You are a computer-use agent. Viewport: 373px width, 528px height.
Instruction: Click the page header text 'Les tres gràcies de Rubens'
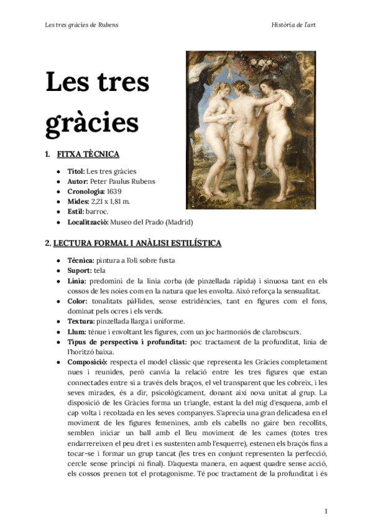[82, 25]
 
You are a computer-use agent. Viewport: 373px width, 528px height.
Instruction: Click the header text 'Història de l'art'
[297, 25]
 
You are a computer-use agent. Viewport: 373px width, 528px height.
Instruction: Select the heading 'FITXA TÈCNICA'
[88, 154]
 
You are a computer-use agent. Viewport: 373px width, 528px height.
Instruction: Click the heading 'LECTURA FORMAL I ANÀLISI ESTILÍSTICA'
[137, 242]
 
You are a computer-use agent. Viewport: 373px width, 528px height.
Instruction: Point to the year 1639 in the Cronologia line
[114, 191]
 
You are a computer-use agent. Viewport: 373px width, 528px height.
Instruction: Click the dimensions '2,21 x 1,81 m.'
[112, 201]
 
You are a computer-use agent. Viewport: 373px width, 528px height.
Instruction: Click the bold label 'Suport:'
[80, 271]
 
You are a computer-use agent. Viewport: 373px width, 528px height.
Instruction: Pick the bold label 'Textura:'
[81, 321]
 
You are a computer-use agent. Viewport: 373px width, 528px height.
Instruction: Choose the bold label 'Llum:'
[77, 332]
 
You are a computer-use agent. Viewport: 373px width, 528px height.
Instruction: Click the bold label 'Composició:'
[87, 362]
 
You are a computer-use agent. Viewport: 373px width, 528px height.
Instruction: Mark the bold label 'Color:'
[78, 301]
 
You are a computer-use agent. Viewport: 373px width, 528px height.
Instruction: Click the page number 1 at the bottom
[326, 511]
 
